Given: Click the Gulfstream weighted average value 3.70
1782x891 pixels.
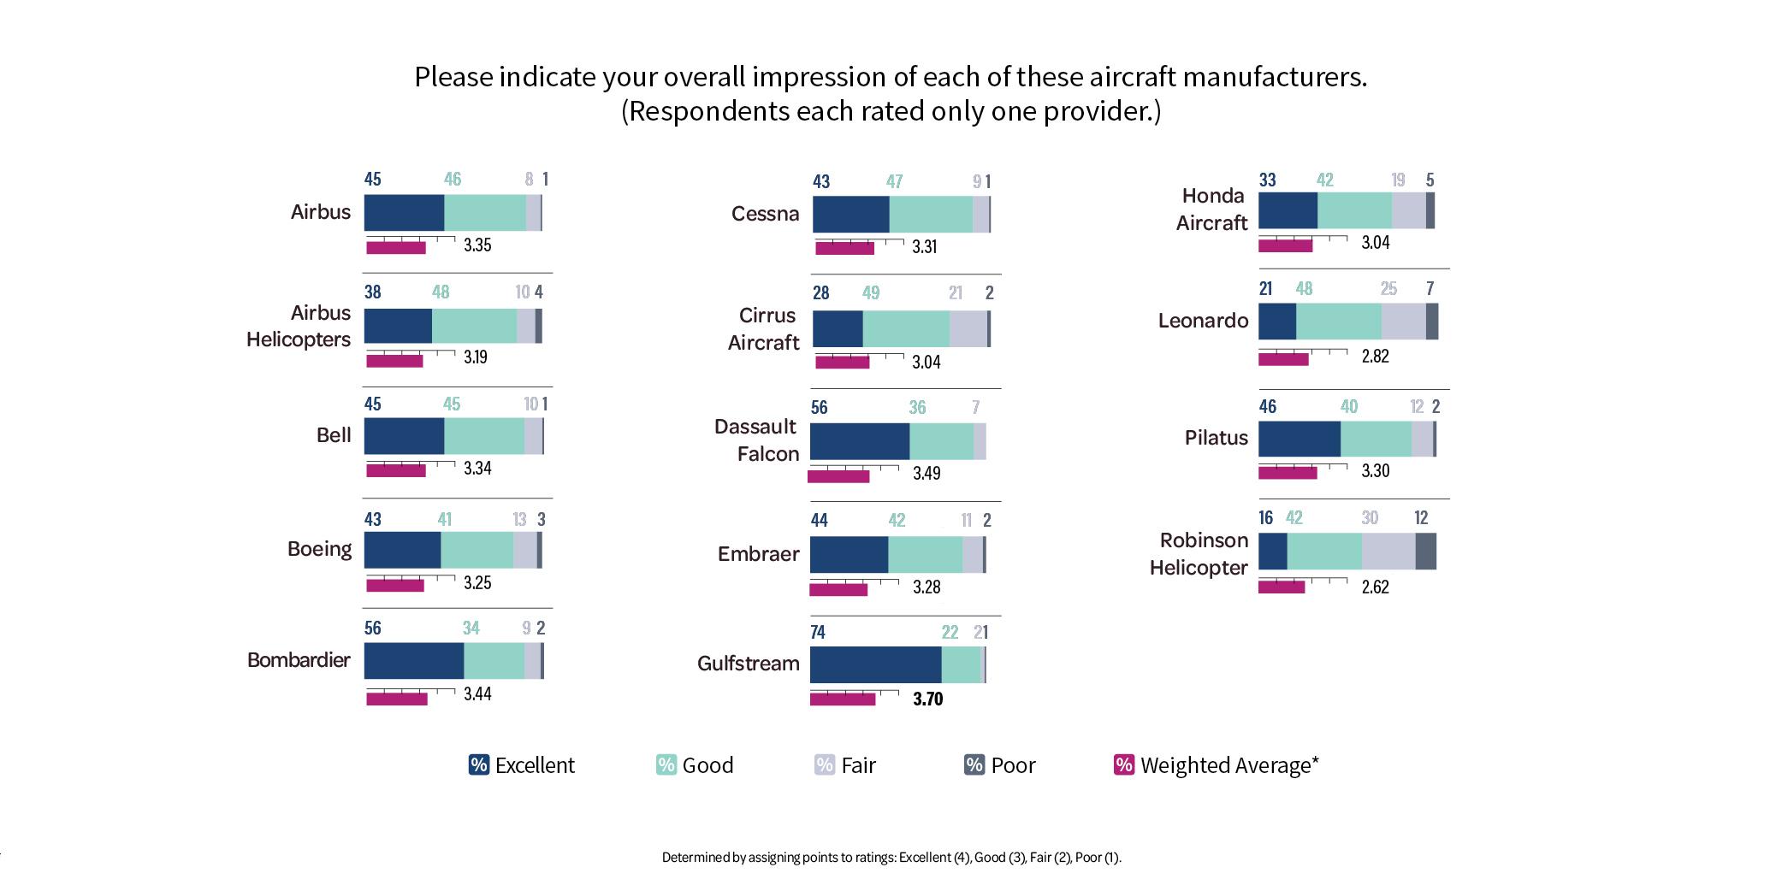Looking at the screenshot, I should (x=927, y=699).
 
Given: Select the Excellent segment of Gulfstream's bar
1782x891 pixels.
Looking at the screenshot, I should (x=875, y=665).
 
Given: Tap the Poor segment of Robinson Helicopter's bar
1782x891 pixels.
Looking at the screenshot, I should (x=1425, y=552).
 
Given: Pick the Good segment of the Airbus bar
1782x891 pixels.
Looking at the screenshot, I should (x=485, y=213).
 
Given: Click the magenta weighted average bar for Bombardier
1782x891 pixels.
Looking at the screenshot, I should (x=397, y=699).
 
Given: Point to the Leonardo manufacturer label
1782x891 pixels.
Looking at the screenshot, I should (x=1203, y=321).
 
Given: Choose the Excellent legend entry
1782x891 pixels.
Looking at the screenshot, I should (x=522, y=765).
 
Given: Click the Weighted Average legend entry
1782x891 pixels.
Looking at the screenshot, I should (x=1217, y=765).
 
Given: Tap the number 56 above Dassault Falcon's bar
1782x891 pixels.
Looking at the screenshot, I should (x=819, y=408).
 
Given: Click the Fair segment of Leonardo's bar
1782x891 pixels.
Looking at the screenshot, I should (x=1403, y=322).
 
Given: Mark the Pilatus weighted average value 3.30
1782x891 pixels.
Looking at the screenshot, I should (x=1375, y=471).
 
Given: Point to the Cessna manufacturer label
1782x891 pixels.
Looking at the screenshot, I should (x=765, y=214).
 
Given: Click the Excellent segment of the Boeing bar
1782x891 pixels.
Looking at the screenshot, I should (x=402, y=550).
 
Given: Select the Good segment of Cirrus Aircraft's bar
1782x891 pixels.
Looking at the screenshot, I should (x=906, y=329).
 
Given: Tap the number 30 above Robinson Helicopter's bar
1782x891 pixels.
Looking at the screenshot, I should (x=1370, y=518).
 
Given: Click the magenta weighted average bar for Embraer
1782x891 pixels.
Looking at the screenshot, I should (x=838, y=589).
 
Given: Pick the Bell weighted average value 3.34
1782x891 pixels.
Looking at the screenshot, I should (x=477, y=469).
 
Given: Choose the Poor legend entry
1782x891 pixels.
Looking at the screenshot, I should (x=1000, y=765).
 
